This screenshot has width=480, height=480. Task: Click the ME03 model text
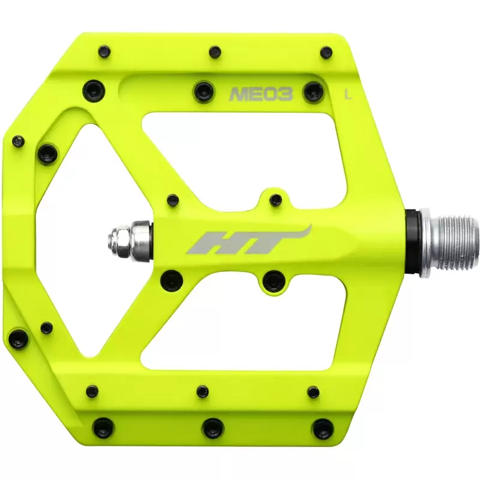point(261,94)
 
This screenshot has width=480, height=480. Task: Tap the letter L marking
point(349,94)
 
